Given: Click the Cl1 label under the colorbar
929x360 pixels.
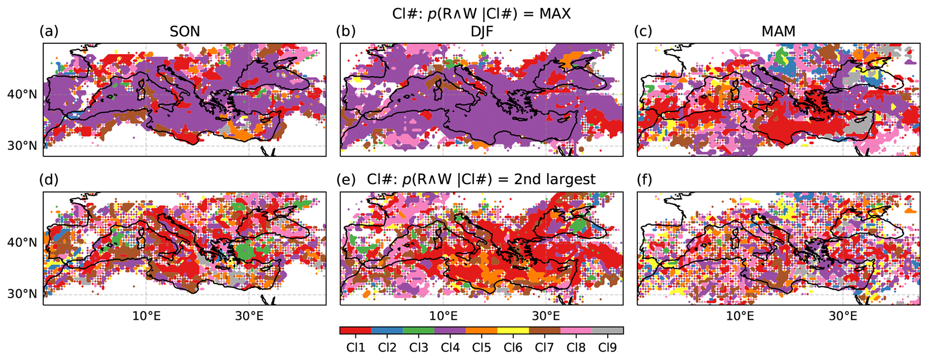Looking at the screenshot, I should (x=355, y=347).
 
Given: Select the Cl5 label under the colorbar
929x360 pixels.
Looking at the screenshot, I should (x=481, y=347).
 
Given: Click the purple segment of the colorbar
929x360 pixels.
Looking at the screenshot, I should (x=450, y=331).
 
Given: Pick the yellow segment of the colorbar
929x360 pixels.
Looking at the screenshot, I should (x=513, y=331).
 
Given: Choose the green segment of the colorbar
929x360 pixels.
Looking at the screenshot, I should (x=418, y=331).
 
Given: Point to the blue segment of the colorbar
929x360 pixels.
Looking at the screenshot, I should (x=387, y=331).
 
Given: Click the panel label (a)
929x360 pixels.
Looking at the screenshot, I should (x=49, y=31).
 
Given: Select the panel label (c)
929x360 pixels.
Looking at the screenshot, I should (x=643, y=31).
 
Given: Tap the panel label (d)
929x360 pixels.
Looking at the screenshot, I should (x=49, y=180).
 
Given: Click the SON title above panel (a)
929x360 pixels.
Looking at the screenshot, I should (x=185, y=32).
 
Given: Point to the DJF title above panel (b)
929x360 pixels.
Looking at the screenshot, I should (x=481, y=32).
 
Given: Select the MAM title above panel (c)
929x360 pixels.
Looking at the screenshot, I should (x=778, y=32).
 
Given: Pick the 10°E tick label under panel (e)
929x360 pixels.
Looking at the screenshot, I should (x=444, y=316).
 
